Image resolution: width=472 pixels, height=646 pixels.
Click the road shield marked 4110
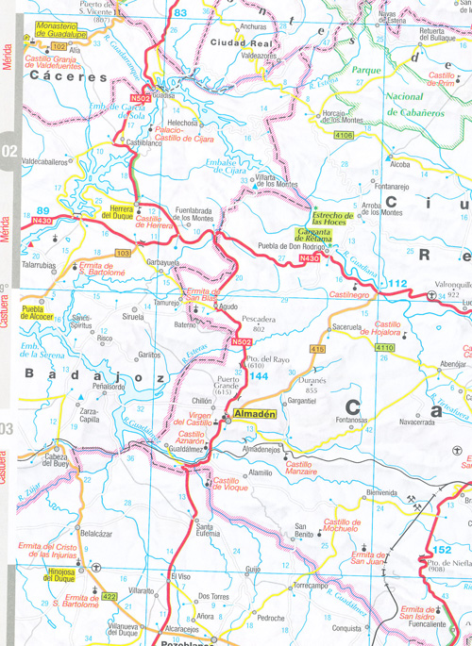384,348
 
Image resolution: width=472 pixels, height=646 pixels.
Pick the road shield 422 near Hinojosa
109,596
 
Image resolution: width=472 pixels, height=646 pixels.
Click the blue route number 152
443,549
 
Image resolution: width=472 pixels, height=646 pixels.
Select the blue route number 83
181,12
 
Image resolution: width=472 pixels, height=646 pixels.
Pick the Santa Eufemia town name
210,533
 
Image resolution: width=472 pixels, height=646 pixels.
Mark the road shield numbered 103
123,254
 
